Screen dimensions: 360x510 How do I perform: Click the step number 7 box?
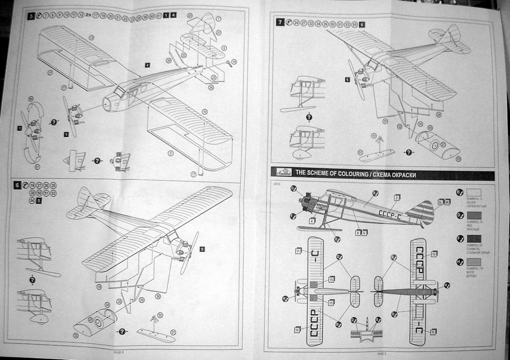pos(281,23)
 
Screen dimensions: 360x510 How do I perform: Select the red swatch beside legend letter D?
pos(474,216)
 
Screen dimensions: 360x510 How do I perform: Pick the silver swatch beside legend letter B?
pos(474,192)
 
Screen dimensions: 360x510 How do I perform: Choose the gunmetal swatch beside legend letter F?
pos(474,239)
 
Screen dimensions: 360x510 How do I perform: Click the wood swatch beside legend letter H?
pos(474,262)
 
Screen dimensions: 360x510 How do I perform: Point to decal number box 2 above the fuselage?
pos(397,198)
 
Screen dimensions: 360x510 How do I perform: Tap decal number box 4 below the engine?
pos(312,221)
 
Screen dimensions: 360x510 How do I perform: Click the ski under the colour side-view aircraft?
pos(319,229)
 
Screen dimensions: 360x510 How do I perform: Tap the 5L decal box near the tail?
pos(441,202)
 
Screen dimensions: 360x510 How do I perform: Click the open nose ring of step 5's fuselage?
pos(106,104)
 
